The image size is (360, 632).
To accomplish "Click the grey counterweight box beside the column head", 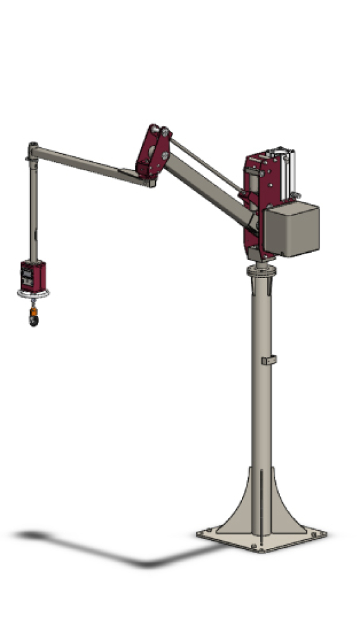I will [x=291, y=229].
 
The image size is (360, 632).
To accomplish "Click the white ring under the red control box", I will [x=33, y=293].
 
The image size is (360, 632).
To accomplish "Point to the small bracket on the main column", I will [x=268, y=360].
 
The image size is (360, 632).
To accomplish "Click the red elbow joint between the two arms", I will [x=153, y=152].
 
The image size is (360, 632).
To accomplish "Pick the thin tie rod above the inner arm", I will [x=205, y=167].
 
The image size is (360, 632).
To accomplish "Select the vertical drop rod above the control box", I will [x=32, y=209].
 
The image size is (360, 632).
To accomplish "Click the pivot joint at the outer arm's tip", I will [x=32, y=150].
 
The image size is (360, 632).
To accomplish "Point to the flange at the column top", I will [x=261, y=270].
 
